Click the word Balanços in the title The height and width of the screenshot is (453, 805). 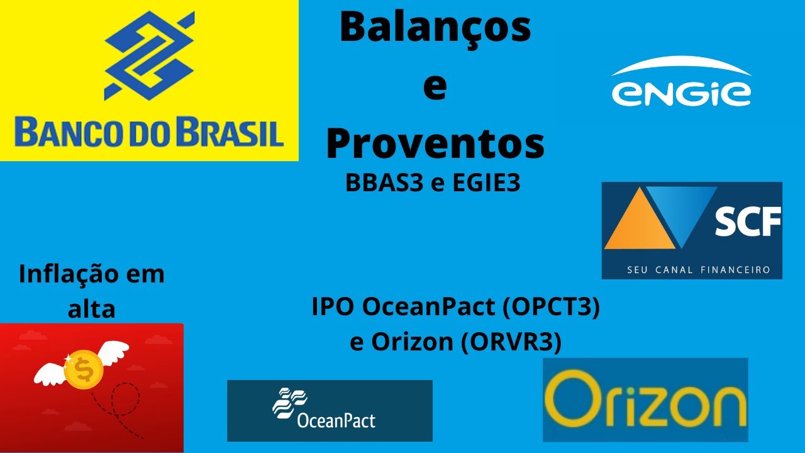(435, 28)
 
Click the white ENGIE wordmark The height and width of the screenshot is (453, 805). (681, 93)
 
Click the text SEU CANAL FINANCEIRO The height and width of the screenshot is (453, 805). (692, 269)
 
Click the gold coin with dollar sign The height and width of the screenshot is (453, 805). (83, 370)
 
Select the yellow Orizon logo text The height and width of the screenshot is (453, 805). (645, 399)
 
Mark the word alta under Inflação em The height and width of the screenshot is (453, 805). (92, 309)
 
